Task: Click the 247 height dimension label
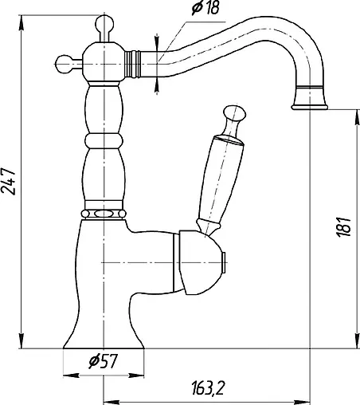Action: [x=9, y=182]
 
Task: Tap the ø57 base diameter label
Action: [x=103, y=361]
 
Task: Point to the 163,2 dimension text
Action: [x=207, y=387]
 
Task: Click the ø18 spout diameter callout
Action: [x=205, y=8]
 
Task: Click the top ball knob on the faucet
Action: [x=104, y=23]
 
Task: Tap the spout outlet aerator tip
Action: [x=310, y=99]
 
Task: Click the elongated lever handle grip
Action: [x=224, y=181]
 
